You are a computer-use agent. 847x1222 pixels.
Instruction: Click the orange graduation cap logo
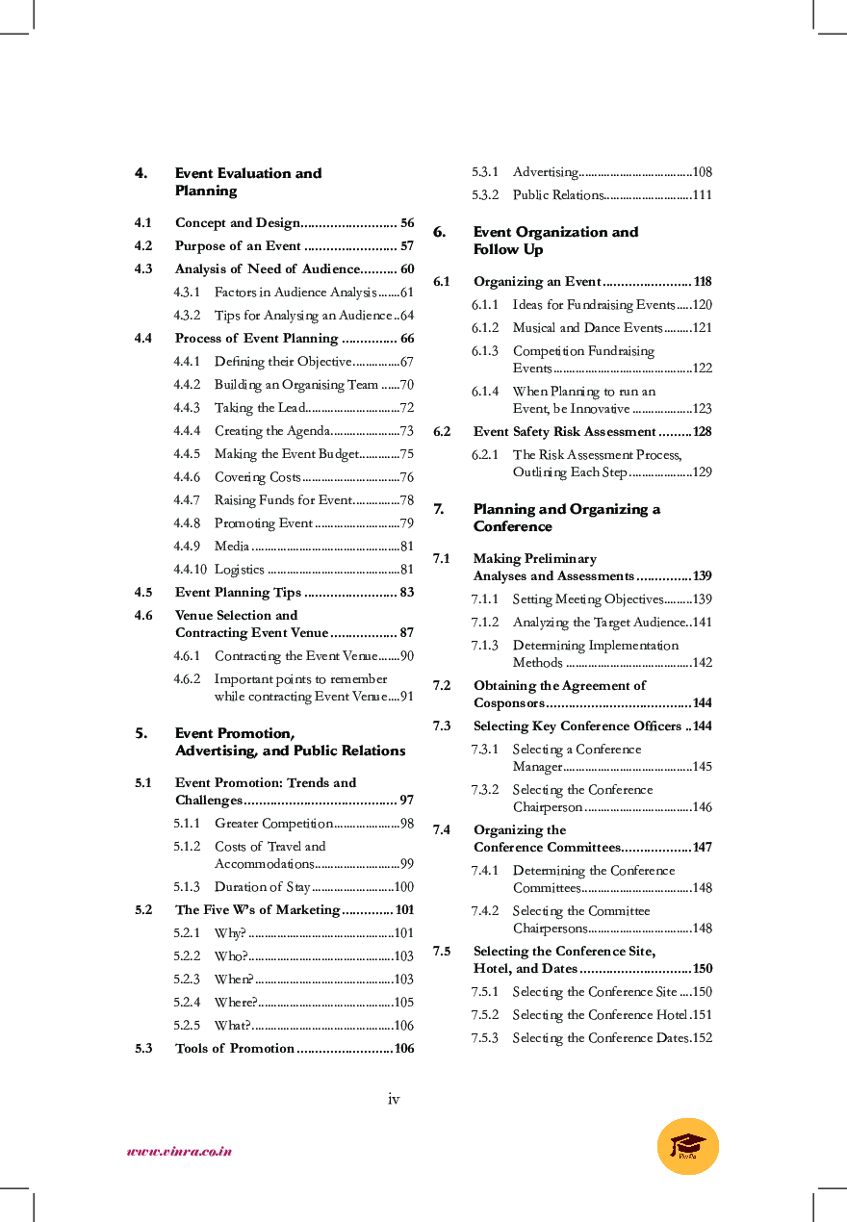pyautogui.click(x=687, y=1146)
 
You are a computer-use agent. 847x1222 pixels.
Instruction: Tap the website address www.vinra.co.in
pyautogui.click(x=179, y=1151)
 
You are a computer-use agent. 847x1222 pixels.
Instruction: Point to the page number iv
pyautogui.click(x=394, y=1099)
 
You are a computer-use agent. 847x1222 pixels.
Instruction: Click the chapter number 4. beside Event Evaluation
pyautogui.click(x=141, y=173)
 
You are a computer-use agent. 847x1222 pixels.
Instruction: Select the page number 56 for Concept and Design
pyautogui.click(x=407, y=222)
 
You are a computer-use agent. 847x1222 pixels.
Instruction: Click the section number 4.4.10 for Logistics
pyautogui.click(x=190, y=569)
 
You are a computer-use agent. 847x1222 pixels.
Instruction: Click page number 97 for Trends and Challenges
pyautogui.click(x=406, y=800)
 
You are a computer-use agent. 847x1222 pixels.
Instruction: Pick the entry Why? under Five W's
pyautogui.click(x=230, y=932)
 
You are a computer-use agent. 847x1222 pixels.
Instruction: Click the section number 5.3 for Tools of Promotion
pyautogui.click(x=143, y=1048)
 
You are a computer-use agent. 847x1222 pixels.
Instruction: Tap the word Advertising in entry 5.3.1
pyautogui.click(x=545, y=172)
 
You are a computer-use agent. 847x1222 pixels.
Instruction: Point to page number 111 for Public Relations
pyautogui.click(x=702, y=195)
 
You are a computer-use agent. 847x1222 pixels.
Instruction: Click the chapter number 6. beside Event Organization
pyautogui.click(x=439, y=232)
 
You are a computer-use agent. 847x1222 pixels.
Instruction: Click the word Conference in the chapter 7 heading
pyautogui.click(x=512, y=526)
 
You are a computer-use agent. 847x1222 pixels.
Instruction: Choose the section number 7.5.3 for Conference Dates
pyautogui.click(x=484, y=1037)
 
